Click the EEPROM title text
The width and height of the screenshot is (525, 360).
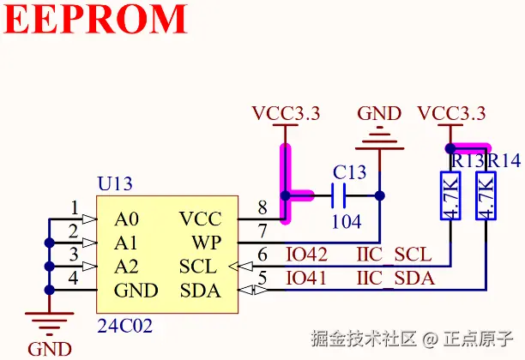tap(96, 20)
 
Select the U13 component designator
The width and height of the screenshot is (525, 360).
tap(115, 184)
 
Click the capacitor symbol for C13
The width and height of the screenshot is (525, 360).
tap(337, 195)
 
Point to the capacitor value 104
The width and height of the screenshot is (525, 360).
tap(346, 221)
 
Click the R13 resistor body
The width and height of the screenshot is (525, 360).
tap(451, 196)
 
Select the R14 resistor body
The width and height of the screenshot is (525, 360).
tap(486, 196)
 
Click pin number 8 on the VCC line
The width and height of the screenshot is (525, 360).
tap(262, 207)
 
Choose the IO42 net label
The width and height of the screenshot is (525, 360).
tap(305, 255)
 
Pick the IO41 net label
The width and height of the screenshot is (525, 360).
tap(305, 279)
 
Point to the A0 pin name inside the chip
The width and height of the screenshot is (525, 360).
tap(126, 219)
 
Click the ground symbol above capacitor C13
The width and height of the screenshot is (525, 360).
tap(378, 137)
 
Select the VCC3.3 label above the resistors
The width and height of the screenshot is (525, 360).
tap(451, 113)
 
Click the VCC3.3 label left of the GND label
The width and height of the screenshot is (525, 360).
tap(286, 113)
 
